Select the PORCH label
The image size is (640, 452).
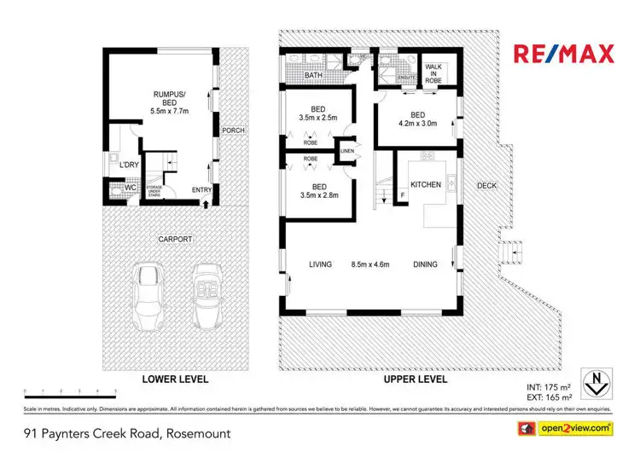232,130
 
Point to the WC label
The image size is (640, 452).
131,187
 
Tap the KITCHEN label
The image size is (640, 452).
425,185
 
